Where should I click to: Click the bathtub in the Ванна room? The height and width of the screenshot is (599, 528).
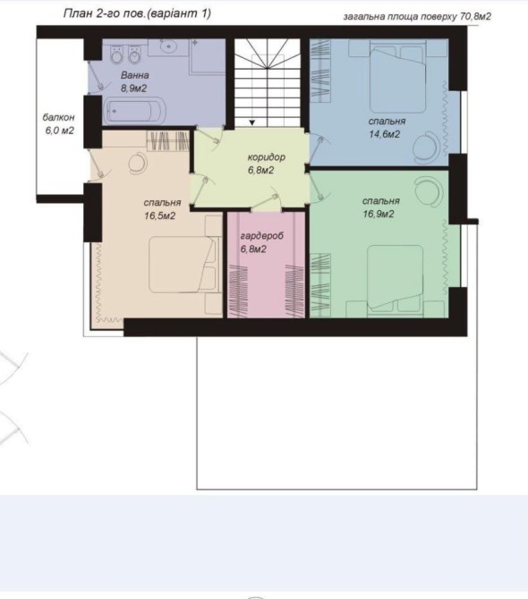click(x=134, y=111)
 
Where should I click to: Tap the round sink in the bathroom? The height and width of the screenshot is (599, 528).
click(x=167, y=46)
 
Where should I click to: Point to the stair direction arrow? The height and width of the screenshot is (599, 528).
click(x=252, y=122)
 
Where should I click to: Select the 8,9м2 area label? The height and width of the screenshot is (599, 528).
click(x=134, y=89)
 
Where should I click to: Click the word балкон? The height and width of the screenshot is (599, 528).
click(x=58, y=117)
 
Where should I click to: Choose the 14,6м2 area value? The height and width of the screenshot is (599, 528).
click(x=384, y=134)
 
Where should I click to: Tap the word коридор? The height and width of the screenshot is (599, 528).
click(x=267, y=157)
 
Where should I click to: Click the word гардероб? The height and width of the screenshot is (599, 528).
click(x=262, y=236)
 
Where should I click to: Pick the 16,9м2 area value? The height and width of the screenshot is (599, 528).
click(x=379, y=215)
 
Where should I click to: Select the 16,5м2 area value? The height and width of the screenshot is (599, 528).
click(x=160, y=216)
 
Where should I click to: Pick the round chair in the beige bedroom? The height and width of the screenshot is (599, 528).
click(x=138, y=163)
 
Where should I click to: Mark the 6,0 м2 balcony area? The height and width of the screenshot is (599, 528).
click(x=60, y=131)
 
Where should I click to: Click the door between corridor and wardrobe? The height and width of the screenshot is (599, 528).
click(x=267, y=202)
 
